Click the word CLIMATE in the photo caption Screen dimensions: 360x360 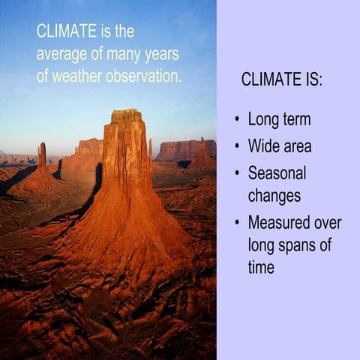tap(67, 31)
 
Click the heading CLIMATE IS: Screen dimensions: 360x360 tap(282, 80)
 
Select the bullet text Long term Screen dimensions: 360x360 tap(279, 120)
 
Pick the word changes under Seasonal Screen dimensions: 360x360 tap(274, 196)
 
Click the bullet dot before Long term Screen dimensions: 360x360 tap(238, 120)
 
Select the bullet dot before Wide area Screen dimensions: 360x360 tap(238, 145)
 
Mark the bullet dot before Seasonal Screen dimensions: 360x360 tap(238, 172)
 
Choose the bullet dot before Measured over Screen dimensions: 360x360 tap(238, 222)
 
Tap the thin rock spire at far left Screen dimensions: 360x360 tap(42, 154)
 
